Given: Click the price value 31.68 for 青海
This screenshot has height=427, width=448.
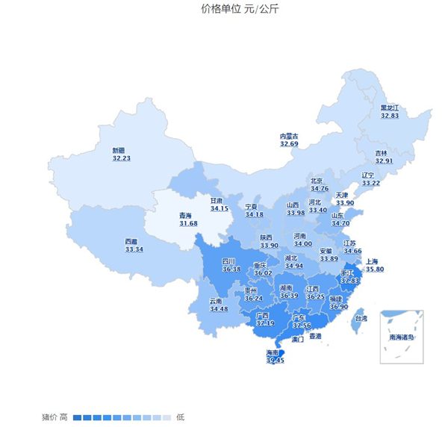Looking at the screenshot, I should pos(188,223).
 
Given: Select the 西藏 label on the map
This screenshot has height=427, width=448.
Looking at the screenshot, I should pos(131,241).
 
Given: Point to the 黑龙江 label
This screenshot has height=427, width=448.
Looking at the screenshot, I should pos(390,107).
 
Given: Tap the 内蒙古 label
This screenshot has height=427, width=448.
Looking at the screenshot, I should pos(289,136).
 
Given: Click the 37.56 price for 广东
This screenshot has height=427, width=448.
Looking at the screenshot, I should pos(302,325).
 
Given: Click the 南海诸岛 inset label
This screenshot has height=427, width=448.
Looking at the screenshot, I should pos(401,337).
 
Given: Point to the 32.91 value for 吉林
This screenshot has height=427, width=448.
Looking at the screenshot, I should pos(384,160).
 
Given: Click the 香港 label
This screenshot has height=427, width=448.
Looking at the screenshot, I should pos(315,337).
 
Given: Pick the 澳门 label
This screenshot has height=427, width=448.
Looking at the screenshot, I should pos(297,340).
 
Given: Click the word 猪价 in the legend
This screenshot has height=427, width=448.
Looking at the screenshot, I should pos(49,417).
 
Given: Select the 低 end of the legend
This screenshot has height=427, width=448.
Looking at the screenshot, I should pos(180,417).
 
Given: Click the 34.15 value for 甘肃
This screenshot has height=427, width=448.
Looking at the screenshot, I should pos(220,208).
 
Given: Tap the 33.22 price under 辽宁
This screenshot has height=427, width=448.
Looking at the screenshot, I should pos(370,183).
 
